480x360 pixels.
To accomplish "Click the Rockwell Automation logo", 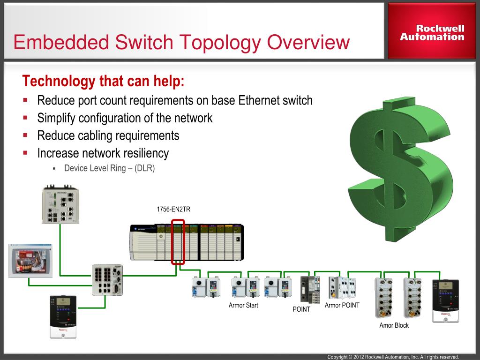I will coord(432,32).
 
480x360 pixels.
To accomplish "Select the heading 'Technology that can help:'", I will coord(104,82).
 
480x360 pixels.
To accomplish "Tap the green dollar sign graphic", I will coord(400,169).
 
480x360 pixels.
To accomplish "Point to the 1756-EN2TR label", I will coord(173,210).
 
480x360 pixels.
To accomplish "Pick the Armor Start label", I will coord(243,306).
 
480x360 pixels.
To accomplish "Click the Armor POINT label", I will coord(342,305).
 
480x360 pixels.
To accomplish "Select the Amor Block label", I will coord(394,325).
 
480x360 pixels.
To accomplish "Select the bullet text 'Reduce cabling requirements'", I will coord(108,136).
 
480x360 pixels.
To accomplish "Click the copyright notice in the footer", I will coord(393,357).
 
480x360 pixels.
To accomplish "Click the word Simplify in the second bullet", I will coord(57,118).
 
